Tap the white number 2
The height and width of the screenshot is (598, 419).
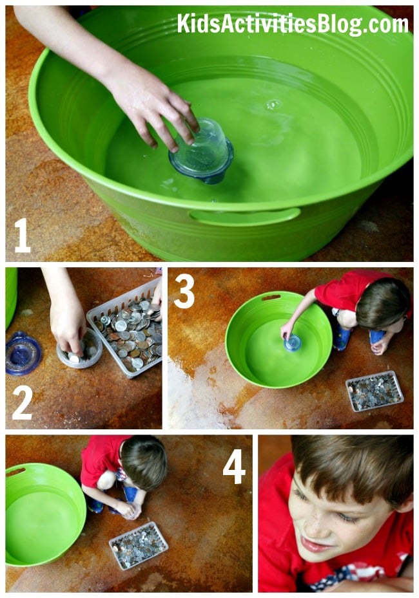pos(22,403)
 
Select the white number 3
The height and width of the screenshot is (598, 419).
pos(184,292)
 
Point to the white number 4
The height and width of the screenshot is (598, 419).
pos(234,467)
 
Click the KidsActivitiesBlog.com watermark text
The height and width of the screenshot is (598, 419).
pos(293,24)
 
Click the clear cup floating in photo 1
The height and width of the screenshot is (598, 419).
pos(201,151)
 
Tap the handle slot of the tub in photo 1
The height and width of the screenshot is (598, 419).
pos(245,216)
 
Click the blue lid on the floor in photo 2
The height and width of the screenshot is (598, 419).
pos(23,353)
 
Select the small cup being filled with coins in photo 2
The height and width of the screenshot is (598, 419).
pos(80,349)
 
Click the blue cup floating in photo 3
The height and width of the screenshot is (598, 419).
pos(292,342)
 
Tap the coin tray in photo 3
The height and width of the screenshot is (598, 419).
pos(375,391)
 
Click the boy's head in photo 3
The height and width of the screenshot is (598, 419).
pos(383,303)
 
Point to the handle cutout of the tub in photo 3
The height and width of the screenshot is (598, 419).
pos(271,297)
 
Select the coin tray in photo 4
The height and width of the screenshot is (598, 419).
pos(138,545)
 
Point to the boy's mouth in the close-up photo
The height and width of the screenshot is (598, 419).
pos(315,546)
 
